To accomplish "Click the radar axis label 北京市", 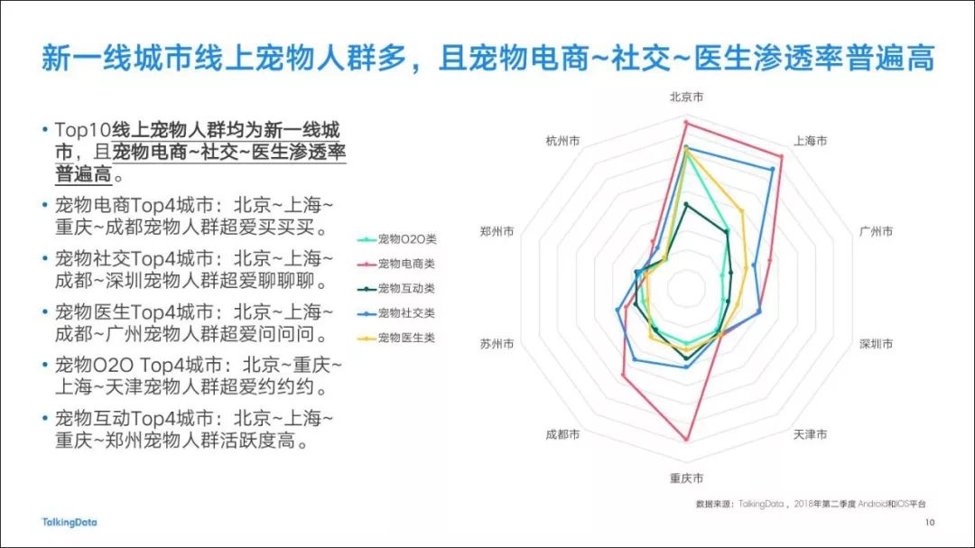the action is click(x=686, y=97).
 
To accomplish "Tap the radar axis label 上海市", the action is click(x=810, y=141).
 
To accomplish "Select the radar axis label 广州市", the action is click(x=876, y=231).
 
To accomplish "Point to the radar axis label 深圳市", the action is click(x=876, y=344).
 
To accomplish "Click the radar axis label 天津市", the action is click(x=810, y=434).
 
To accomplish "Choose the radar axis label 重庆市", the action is click(x=686, y=478).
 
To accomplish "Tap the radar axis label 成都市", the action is click(x=562, y=434).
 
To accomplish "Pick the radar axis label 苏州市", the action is click(x=497, y=344).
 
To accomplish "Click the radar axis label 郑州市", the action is click(x=497, y=231).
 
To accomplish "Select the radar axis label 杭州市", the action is click(x=562, y=141).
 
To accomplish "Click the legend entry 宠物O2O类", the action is click(x=396, y=239).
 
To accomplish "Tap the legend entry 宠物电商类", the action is click(x=396, y=264).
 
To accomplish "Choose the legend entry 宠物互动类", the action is click(x=396, y=289).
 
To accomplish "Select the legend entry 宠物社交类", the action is click(x=396, y=313).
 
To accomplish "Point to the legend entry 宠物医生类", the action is click(x=396, y=338).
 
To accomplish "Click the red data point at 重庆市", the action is click(x=686, y=440).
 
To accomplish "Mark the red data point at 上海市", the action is click(x=781, y=157).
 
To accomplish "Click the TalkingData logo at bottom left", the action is click(x=69, y=523).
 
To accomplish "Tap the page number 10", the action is click(x=930, y=523).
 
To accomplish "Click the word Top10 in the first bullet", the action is click(x=83, y=130).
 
